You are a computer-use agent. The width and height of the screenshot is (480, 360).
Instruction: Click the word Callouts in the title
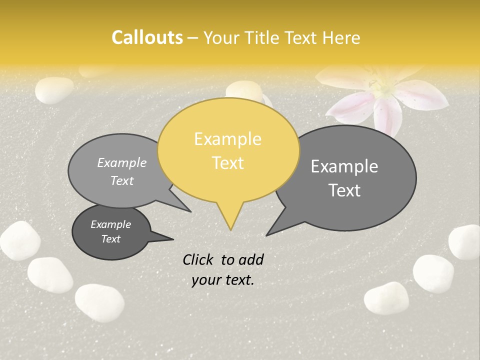point(147,37)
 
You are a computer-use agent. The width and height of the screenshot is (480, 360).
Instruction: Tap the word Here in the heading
point(343,37)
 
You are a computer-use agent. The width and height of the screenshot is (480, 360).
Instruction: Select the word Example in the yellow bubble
point(227,139)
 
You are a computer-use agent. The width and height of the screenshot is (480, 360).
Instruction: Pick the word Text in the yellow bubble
point(228,163)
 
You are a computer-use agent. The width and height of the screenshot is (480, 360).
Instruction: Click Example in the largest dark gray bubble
point(344,166)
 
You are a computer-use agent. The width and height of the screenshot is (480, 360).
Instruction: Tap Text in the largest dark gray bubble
point(344,190)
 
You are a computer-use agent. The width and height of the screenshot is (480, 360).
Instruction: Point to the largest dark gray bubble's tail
point(272,230)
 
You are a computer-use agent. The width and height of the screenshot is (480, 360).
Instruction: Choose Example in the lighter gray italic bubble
point(121,162)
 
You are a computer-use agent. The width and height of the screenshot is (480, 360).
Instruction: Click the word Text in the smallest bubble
point(110,239)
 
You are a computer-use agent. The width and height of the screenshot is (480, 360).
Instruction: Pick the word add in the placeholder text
point(251,259)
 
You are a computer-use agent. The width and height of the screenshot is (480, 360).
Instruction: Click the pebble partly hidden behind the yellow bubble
point(243,91)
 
